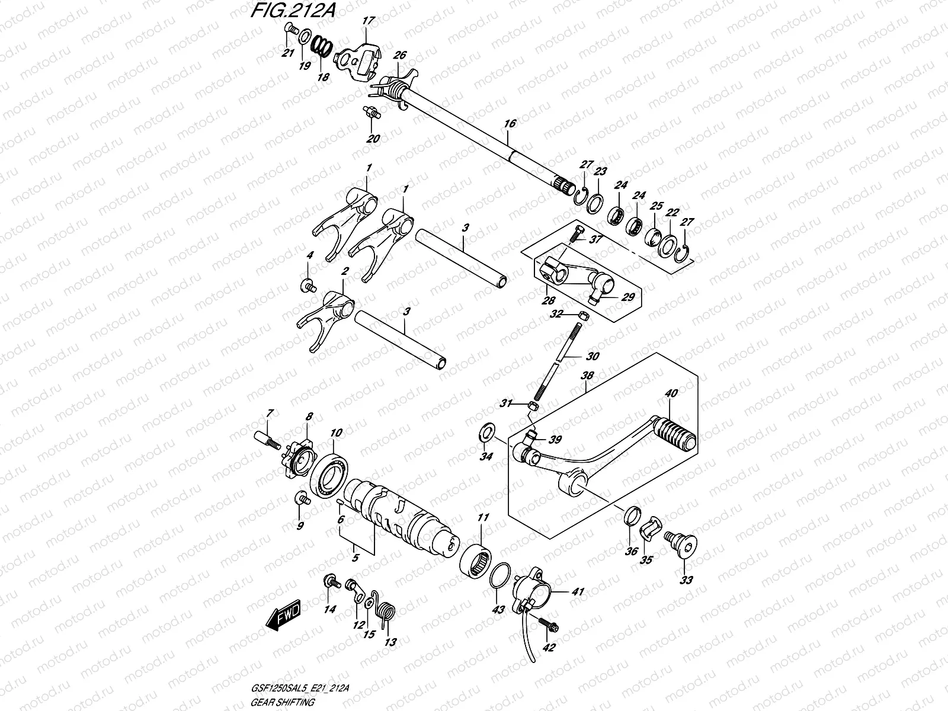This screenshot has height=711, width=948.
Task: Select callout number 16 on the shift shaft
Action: pos(510,124)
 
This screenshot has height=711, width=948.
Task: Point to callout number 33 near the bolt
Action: pos(686,580)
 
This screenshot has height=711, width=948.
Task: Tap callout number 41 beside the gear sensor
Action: pos(578,591)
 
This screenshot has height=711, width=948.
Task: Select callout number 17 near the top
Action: pos(369,21)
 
